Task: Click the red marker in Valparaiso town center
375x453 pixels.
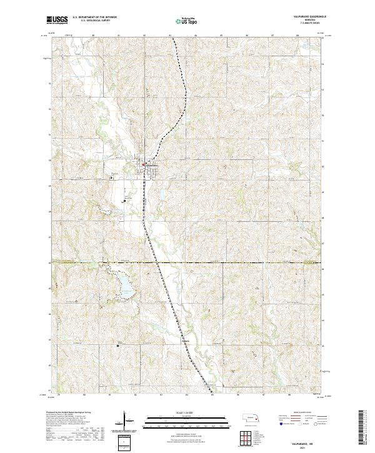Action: [143, 165]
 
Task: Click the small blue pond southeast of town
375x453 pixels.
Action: [161, 196]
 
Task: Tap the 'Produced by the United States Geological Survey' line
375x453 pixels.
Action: [65, 413]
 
